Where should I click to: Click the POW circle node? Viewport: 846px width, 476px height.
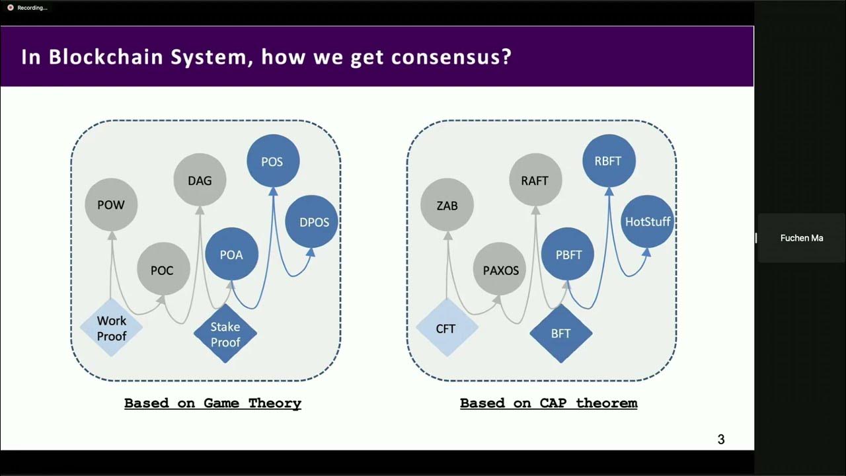point(111,205)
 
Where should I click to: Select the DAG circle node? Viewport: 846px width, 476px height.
point(200,180)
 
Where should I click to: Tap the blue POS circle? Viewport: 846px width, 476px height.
point(272,161)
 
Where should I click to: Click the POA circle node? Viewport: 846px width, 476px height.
point(231,255)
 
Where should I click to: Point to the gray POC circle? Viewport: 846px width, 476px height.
point(163,270)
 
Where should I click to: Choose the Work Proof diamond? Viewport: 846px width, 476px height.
point(111,328)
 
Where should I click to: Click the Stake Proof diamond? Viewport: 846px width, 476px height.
point(225,334)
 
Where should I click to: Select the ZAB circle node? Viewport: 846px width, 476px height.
point(447,206)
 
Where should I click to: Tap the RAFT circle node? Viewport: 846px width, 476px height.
point(535,180)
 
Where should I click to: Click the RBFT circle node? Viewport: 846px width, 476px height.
point(608,161)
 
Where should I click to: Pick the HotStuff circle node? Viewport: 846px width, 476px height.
point(648,222)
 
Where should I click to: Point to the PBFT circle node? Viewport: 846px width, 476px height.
point(568,255)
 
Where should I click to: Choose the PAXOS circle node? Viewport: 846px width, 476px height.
point(500,270)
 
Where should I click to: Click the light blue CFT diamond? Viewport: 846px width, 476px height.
point(446,328)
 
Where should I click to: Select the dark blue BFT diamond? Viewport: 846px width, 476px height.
point(560,334)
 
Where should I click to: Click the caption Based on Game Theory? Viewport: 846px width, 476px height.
point(213,403)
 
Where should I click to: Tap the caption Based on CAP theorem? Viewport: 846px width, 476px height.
point(549,403)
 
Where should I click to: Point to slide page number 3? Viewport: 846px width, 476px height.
point(721,439)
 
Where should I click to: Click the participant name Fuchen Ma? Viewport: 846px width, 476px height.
point(802,238)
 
